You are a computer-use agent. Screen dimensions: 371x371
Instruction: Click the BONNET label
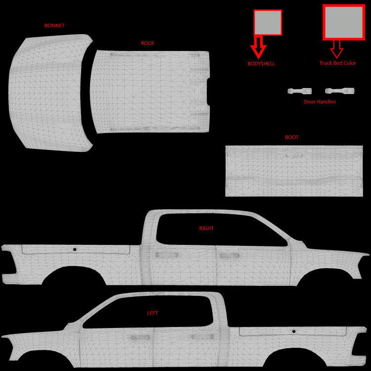pos(54,26)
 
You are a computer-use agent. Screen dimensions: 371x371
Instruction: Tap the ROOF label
pos(147,44)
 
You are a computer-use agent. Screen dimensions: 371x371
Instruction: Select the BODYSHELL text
pos(261,64)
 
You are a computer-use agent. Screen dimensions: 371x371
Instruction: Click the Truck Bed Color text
pos(338,63)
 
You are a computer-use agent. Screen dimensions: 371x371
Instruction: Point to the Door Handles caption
pos(320,102)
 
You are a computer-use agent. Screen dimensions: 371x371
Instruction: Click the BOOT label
pos(292,137)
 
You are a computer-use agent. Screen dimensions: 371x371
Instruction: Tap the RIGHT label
pos(206,229)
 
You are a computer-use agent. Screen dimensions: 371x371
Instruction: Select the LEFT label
pos(152,313)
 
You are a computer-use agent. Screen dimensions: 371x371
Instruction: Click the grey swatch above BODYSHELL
pos(268,23)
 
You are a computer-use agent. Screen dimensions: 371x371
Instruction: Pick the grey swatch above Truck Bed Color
pos(344,22)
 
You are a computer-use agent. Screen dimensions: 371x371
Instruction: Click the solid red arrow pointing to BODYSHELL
pos(258,47)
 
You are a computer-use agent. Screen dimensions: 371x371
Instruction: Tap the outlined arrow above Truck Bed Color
pos(337,49)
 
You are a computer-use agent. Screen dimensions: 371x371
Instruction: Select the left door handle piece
pos(300,91)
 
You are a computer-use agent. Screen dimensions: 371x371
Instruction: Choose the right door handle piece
pos(339,91)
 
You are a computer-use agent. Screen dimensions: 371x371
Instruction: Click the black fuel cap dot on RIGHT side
pos(75,249)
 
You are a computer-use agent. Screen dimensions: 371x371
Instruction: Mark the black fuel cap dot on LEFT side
pos(294,331)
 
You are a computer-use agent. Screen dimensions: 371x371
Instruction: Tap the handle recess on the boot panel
pos(294,155)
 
